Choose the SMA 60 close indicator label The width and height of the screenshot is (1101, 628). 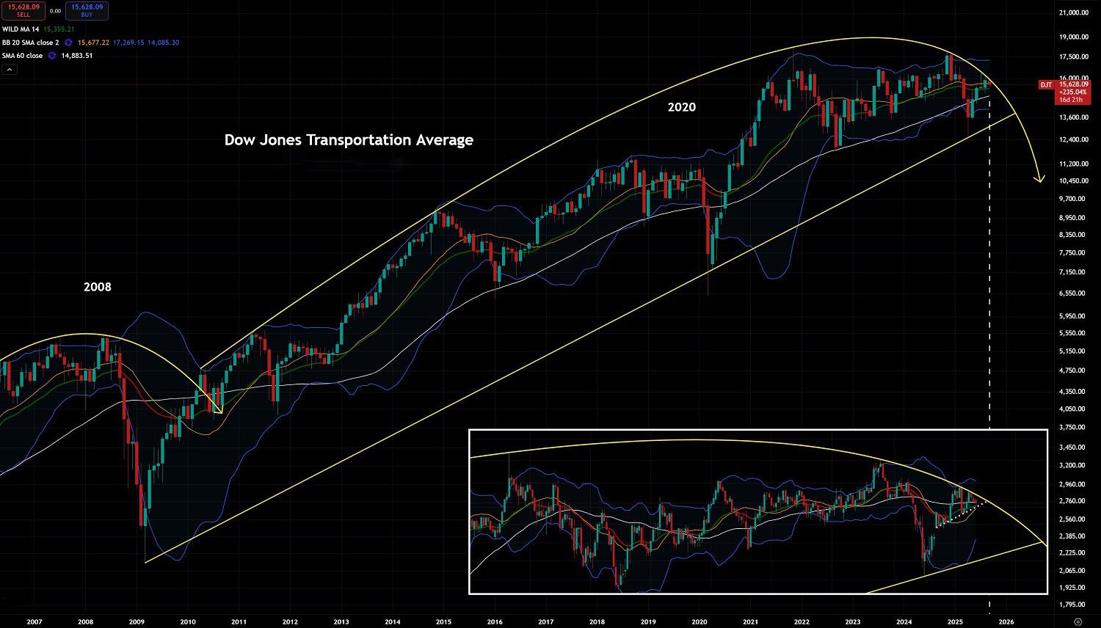tap(22, 56)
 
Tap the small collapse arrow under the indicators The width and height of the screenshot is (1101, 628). tap(10, 69)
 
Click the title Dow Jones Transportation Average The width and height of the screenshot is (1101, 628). tap(349, 139)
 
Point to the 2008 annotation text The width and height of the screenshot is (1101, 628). tap(98, 287)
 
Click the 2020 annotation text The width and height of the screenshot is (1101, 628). tap(681, 107)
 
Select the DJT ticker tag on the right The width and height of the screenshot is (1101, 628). tap(1045, 85)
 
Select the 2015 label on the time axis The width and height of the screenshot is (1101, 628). tap(443, 621)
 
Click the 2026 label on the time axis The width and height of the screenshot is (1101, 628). tap(1006, 621)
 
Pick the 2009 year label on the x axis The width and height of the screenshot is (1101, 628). tap(136, 621)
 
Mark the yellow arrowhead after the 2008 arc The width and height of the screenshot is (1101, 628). tap(218, 409)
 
